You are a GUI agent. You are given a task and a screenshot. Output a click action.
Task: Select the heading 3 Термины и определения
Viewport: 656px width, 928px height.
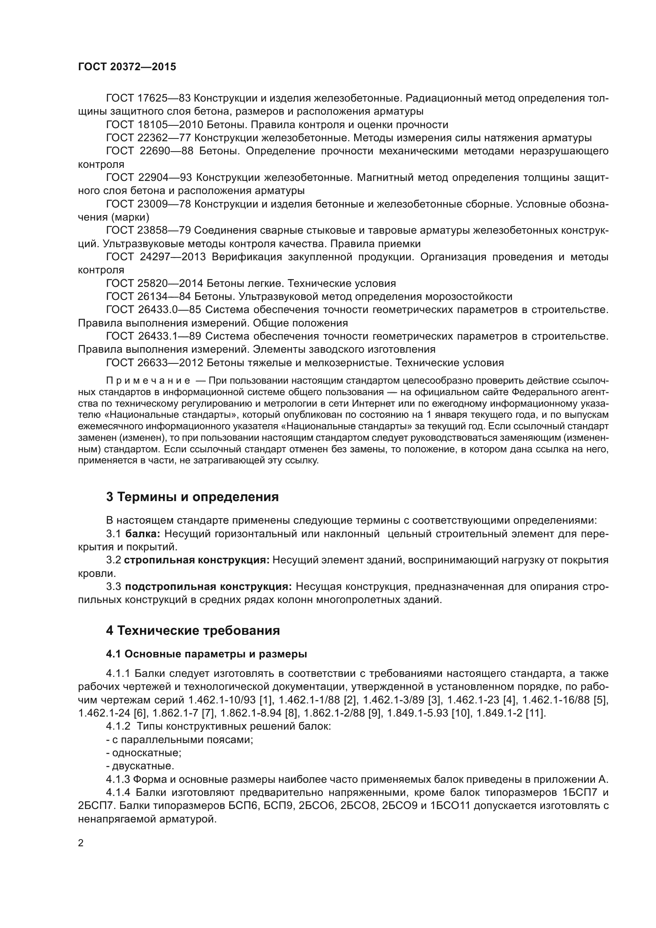point(192,497)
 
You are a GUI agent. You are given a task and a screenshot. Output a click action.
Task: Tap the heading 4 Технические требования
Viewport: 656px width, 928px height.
point(193,630)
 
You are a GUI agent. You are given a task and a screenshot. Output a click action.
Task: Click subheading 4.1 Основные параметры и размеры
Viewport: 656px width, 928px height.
point(206,654)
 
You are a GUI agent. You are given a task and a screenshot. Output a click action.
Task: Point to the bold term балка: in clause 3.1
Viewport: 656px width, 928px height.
point(143,534)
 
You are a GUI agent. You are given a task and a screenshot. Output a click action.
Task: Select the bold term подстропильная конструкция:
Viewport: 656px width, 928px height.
point(209,587)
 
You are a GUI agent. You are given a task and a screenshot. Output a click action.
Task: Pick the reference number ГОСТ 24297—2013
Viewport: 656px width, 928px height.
point(156,257)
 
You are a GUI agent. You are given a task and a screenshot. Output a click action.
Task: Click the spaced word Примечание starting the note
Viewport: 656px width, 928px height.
point(148,380)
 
